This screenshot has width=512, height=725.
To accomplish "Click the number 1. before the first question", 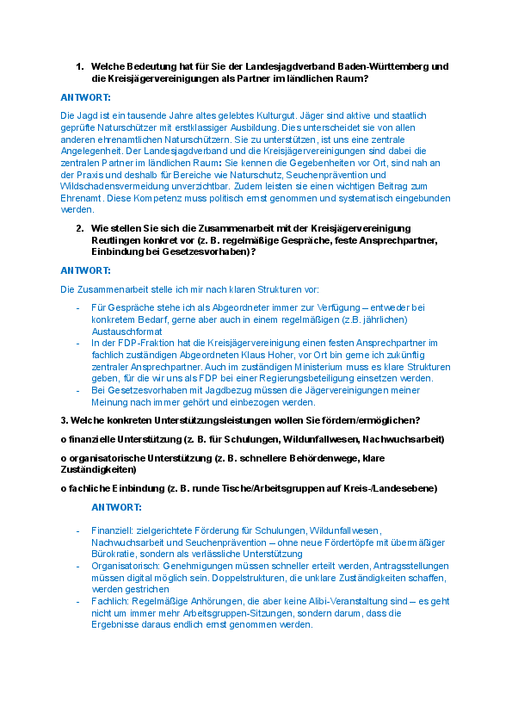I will [79, 66].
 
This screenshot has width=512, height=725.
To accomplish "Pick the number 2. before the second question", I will [79, 228].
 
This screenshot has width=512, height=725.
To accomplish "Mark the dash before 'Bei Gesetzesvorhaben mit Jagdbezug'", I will [78, 390].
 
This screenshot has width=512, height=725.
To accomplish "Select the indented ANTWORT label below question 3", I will [117, 507].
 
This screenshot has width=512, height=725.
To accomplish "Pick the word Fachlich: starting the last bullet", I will [109, 601].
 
